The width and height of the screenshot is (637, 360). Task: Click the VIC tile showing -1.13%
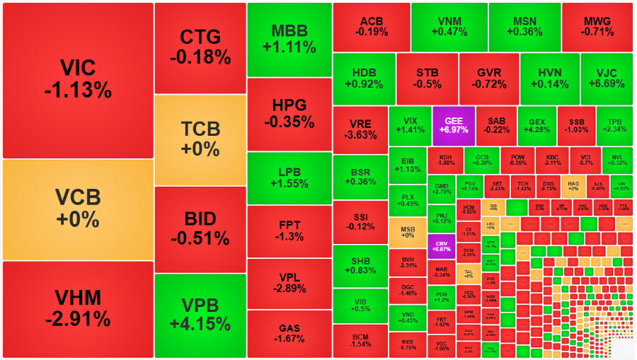(x=78, y=79)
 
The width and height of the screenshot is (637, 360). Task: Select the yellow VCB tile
(x=78, y=209)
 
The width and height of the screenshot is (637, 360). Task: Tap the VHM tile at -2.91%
(x=78, y=308)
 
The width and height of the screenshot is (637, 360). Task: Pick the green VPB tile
(x=200, y=315)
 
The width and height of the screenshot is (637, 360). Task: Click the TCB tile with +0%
(x=200, y=139)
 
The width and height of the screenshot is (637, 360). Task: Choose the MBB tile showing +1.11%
(x=289, y=39)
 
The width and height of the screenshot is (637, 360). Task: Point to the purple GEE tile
(x=453, y=125)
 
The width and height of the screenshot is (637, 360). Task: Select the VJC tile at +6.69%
(x=606, y=78)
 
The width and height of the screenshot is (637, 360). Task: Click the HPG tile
(x=289, y=113)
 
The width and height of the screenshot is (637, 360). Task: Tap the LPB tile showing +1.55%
(x=289, y=178)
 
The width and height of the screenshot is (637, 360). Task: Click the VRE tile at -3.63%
(x=360, y=129)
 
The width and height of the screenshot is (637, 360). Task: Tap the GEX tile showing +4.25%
(x=536, y=125)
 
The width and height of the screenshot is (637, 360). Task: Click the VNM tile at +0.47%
(x=448, y=26)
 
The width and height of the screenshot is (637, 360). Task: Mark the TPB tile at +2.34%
(x=614, y=125)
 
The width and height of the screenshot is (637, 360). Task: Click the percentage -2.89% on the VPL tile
(x=289, y=289)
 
